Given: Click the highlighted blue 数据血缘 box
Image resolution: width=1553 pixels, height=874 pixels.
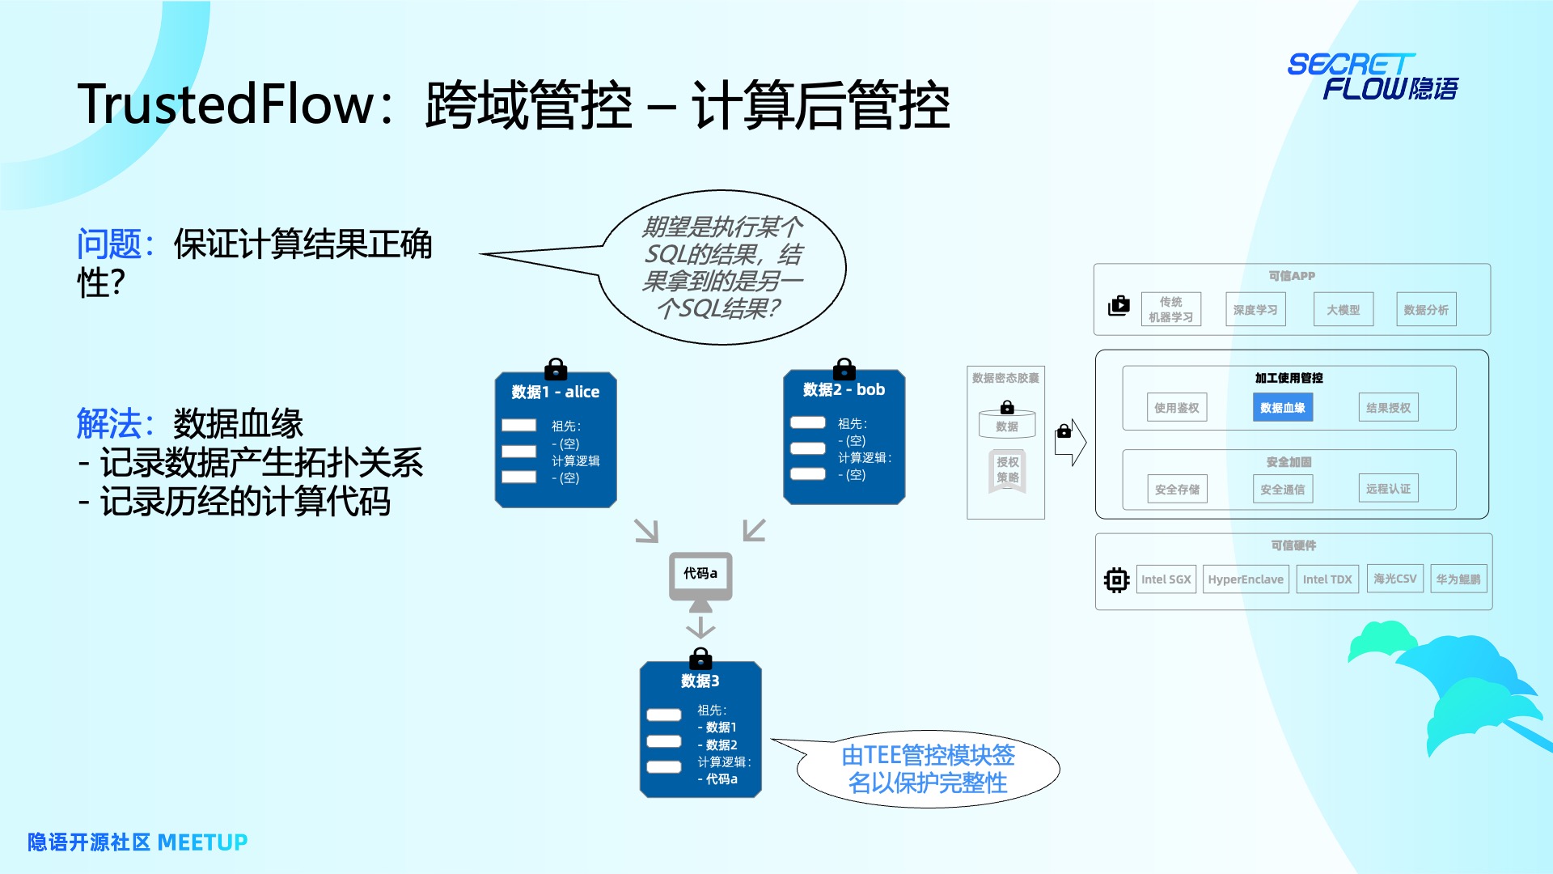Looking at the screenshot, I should [1282, 408].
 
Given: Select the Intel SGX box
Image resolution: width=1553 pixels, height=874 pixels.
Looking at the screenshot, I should [1166, 579].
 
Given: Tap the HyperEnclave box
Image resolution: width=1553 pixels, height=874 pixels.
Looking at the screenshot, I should [1245, 579].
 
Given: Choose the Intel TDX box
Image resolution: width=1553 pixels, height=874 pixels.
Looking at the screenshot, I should [1327, 579].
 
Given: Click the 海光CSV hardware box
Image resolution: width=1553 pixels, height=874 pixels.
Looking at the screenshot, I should [1394, 579].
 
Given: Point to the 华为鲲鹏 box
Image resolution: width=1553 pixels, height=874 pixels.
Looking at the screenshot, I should [1458, 579].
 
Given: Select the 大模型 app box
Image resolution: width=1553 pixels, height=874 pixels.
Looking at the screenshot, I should [1343, 310].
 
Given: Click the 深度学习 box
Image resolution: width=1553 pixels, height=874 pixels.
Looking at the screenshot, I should [1255, 310].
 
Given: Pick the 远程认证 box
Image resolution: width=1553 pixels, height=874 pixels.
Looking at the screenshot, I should [1388, 489].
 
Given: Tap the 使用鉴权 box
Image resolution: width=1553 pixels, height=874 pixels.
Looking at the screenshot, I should [1176, 408].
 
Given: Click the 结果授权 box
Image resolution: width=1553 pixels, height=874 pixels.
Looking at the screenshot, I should [1388, 408].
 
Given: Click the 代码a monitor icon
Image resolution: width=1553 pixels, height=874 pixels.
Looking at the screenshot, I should [700, 579].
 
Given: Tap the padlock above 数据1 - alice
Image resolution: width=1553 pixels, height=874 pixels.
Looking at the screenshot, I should [556, 370].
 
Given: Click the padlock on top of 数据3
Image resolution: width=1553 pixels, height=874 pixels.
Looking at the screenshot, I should [700, 659].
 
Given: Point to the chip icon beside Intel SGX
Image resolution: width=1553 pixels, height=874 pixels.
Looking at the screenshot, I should [1116, 580].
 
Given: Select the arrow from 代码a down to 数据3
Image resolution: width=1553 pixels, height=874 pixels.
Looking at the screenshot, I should [700, 627].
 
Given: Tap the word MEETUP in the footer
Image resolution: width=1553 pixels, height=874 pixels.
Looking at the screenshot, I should [202, 842].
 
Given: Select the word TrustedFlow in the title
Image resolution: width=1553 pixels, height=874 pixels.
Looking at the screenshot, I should [226, 105].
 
